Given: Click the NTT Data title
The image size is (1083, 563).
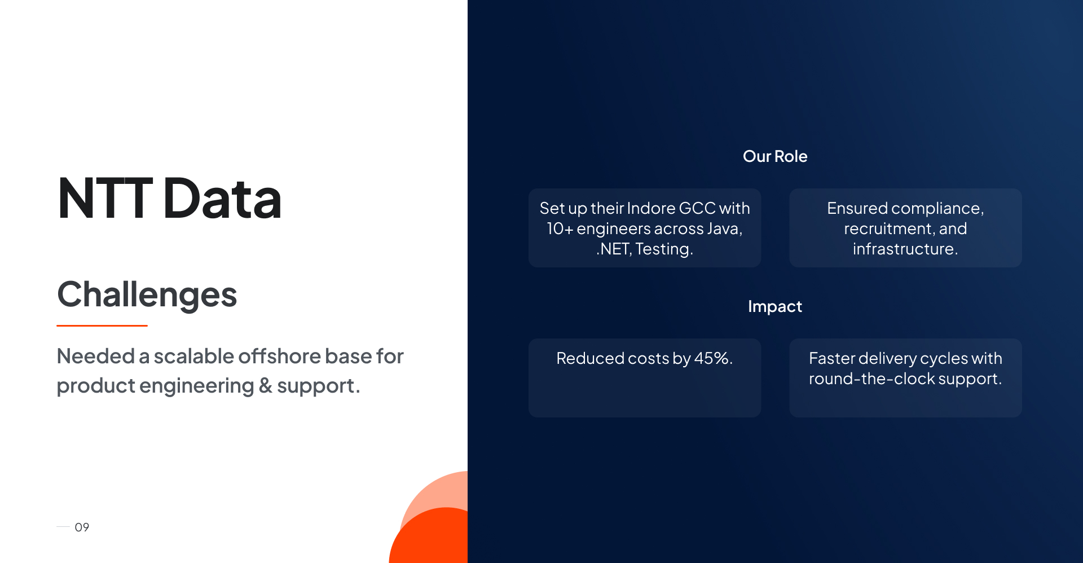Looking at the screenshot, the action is coord(169,198).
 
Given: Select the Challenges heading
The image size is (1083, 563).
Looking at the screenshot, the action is coord(147,294).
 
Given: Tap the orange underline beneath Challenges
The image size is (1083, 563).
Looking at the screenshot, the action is coord(102,326).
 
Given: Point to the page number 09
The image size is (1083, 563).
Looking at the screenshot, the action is coord(82,527).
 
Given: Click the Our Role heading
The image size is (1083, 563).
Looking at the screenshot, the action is coord(775,156).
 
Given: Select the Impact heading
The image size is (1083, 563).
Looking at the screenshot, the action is coord(775,306).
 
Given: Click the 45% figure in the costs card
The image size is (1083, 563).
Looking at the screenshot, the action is coord(712,358).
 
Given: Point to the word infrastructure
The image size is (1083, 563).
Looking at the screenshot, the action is coord(905,249).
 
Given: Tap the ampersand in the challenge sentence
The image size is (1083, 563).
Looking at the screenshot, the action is coord(265,386).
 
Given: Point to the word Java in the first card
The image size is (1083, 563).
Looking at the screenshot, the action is coord(724,229).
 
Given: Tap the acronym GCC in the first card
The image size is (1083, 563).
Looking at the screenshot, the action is coord(697,208).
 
